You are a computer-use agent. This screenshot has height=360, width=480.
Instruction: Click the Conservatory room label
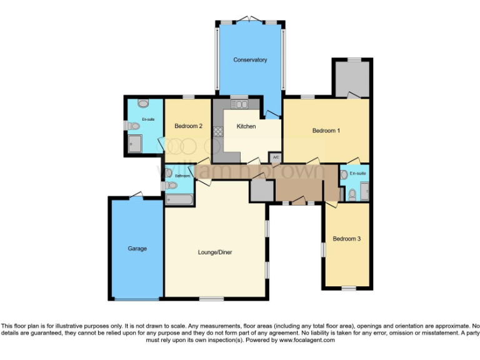click(250, 60)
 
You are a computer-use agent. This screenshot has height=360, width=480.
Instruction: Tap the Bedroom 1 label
click(326, 131)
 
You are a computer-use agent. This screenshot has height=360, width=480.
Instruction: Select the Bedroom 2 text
click(189, 126)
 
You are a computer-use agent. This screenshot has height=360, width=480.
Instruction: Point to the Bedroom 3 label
click(346, 239)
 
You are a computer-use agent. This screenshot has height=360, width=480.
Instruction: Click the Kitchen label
click(246, 126)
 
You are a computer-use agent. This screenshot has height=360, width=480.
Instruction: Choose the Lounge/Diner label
click(215, 252)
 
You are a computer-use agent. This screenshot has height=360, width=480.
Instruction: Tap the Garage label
click(137, 248)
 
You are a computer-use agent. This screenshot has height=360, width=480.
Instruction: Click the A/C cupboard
click(275, 157)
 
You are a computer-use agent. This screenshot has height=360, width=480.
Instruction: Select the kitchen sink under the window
click(238, 104)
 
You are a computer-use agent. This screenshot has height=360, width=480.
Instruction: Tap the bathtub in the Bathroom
click(178, 201)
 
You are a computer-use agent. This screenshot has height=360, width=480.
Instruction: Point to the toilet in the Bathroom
click(168, 173)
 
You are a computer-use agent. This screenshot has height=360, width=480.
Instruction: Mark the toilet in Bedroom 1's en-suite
click(351, 194)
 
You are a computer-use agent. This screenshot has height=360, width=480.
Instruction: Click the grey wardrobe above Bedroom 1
click(352, 79)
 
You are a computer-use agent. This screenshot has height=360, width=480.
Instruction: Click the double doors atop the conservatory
click(249, 19)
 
